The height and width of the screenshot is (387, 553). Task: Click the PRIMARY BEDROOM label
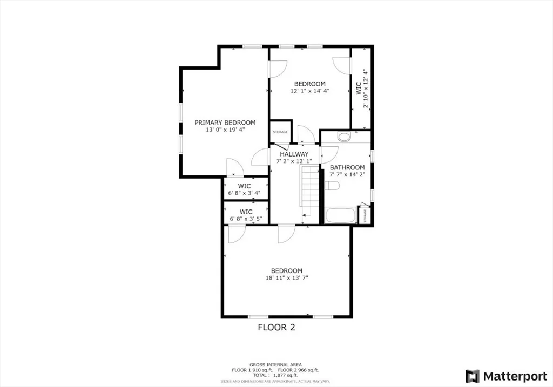tap(225, 123)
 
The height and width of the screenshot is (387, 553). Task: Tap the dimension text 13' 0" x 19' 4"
tap(225, 130)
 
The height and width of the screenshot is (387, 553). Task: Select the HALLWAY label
tap(294, 154)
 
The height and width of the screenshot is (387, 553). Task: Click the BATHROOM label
tap(347, 167)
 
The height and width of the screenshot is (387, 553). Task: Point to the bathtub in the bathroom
tap(341, 216)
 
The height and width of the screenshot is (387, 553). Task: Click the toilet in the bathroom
tap(332, 186)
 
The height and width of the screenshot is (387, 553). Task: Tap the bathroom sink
tap(344, 137)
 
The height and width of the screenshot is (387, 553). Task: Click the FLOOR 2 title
tap(276, 327)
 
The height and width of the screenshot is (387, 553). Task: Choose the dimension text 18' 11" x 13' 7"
tap(287, 279)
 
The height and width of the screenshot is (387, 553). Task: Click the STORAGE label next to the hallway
tap(280, 132)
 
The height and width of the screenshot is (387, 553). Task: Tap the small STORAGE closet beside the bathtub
tap(365, 215)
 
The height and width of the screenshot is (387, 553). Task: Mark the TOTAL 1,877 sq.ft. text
tap(276, 375)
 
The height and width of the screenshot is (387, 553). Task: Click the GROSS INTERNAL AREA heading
tap(276, 364)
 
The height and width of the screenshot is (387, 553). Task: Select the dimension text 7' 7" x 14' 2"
tap(347, 174)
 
